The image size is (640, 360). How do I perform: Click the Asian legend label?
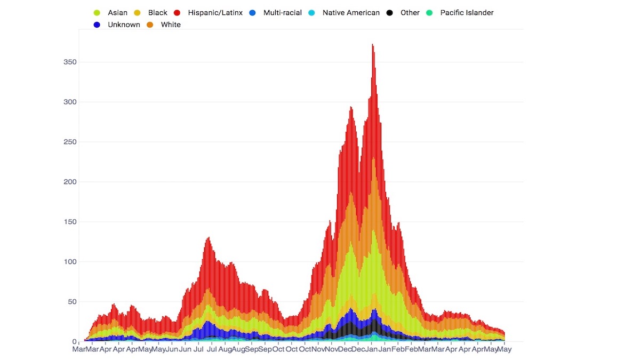(x=117, y=13)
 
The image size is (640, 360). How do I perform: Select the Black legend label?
(x=158, y=13)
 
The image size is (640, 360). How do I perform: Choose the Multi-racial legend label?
(x=283, y=13)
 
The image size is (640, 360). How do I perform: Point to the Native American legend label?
(x=351, y=13)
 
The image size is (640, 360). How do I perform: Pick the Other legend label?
(x=410, y=13)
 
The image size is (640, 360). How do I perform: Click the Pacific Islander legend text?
(x=467, y=13)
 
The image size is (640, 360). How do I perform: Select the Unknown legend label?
(x=124, y=25)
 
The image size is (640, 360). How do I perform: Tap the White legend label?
(x=171, y=25)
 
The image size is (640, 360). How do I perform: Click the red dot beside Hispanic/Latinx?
(x=177, y=13)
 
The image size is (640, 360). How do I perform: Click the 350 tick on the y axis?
(x=70, y=62)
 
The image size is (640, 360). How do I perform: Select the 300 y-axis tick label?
(x=70, y=102)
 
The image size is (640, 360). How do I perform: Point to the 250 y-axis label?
(x=70, y=142)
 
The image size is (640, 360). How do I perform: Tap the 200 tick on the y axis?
(x=70, y=182)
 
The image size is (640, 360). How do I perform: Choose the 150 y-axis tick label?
(x=70, y=222)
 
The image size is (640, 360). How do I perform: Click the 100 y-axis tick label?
(x=70, y=262)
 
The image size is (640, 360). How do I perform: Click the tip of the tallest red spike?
(x=372, y=45)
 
